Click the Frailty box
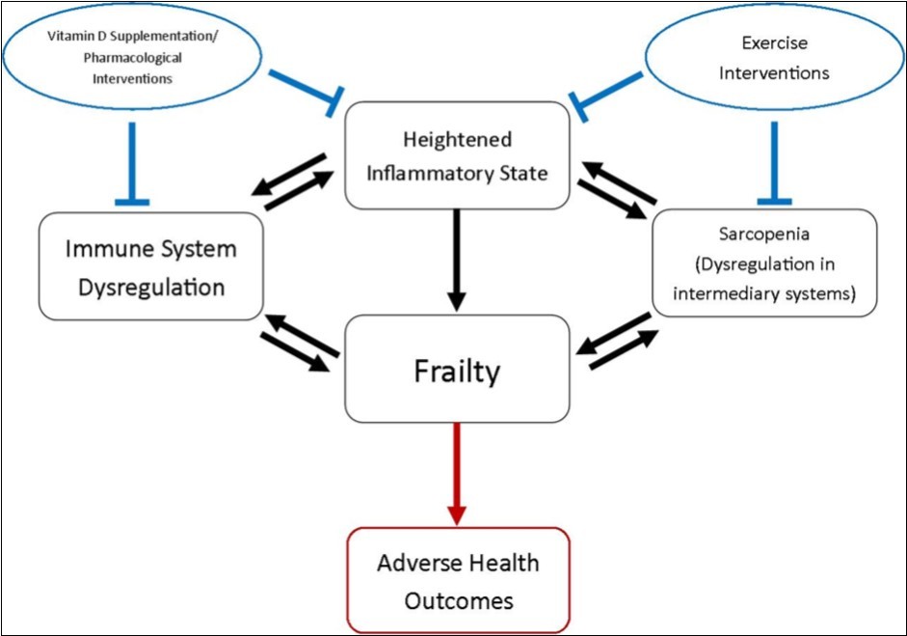(x=457, y=370)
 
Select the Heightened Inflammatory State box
(x=457, y=155)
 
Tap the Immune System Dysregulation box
(x=150, y=267)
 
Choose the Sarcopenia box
(x=764, y=263)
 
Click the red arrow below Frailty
(x=457, y=473)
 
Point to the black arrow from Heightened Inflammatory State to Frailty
(x=457, y=259)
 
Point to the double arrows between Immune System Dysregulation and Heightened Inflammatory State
(x=297, y=180)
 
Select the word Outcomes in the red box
(x=457, y=600)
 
